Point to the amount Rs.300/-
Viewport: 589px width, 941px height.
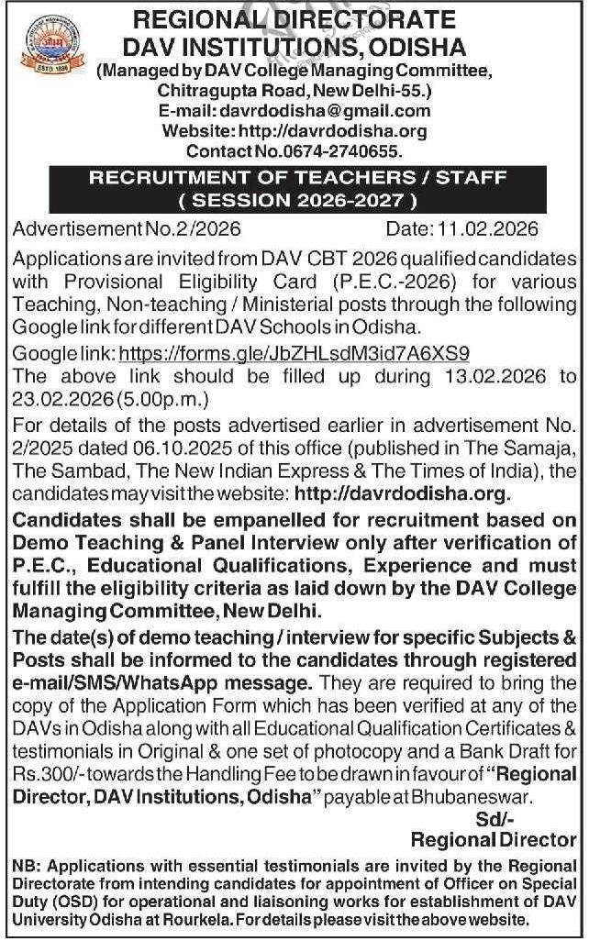pyautogui.click(x=47, y=775)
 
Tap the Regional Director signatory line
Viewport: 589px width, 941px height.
pyautogui.click(x=494, y=839)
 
